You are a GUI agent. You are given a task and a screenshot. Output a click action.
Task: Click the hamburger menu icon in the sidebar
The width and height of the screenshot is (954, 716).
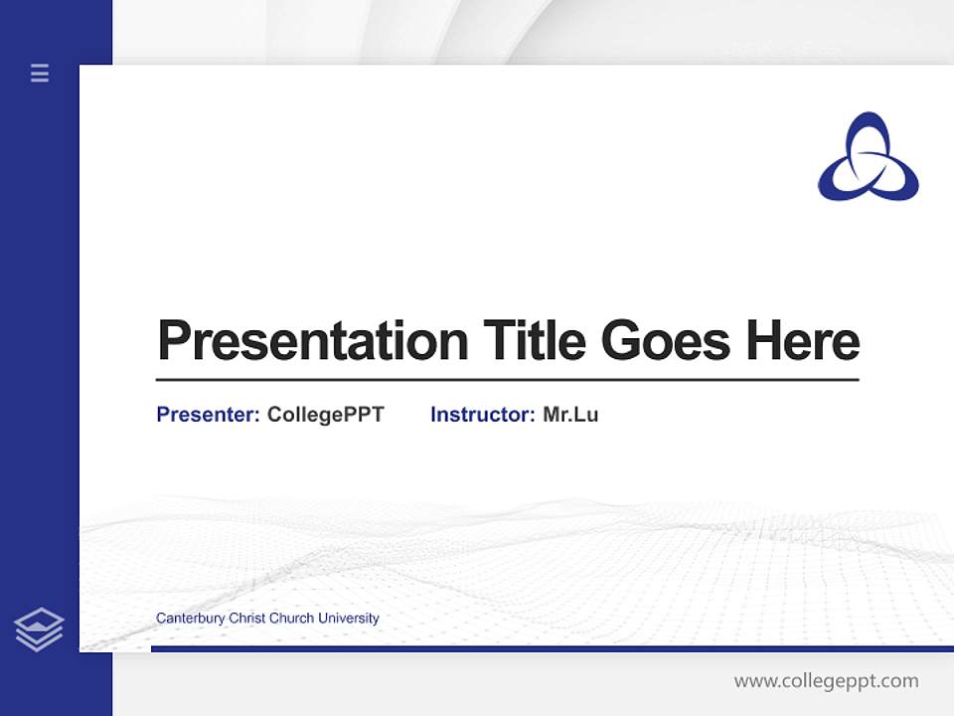pyautogui.click(x=40, y=73)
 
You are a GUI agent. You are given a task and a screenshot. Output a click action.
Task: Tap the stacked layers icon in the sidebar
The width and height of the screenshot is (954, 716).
pyautogui.click(x=39, y=629)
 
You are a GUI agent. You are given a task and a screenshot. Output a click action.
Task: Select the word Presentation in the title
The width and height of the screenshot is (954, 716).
pyautogui.click(x=312, y=341)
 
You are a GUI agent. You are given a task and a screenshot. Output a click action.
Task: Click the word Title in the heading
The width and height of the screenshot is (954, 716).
pyautogui.click(x=535, y=341)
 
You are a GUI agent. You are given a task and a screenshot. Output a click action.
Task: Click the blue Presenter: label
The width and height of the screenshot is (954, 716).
pyautogui.click(x=208, y=415)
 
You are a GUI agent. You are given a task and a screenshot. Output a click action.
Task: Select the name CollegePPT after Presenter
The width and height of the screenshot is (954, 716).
pyautogui.click(x=325, y=415)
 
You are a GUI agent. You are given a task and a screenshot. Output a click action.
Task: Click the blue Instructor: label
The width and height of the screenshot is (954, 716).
pyautogui.click(x=482, y=415)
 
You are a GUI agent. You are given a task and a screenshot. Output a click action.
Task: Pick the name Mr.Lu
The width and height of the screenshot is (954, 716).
pyautogui.click(x=570, y=415)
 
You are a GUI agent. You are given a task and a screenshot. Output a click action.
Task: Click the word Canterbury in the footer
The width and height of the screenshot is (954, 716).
pyautogui.click(x=190, y=619)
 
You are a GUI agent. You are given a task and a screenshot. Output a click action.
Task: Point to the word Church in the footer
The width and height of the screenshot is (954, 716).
pyautogui.click(x=290, y=619)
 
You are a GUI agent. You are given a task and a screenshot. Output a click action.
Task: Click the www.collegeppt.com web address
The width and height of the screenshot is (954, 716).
pyautogui.click(x=826, y=681)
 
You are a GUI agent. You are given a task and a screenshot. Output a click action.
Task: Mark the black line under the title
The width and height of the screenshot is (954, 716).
pyautogui.click(x=507, y=380)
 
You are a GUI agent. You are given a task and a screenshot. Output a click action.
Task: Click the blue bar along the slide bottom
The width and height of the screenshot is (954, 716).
pyautogui.click(x=552, y=648)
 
